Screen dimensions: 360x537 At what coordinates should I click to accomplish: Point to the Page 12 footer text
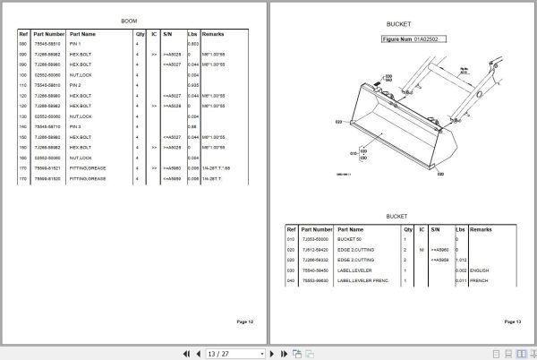[x=244, y=321]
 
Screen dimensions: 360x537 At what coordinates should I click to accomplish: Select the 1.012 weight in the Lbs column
[x=461, y=261]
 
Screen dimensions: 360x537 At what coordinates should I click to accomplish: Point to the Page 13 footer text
[x=512, y=321]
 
